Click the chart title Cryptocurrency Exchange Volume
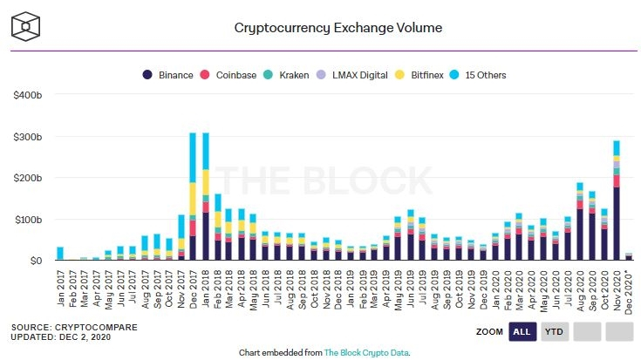click(338, 27)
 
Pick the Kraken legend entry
click(294, 75)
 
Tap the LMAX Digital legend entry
click(358, 75)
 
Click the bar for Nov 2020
click(617, 200)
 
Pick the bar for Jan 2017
click(60, 254)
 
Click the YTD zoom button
click(554, 331)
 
